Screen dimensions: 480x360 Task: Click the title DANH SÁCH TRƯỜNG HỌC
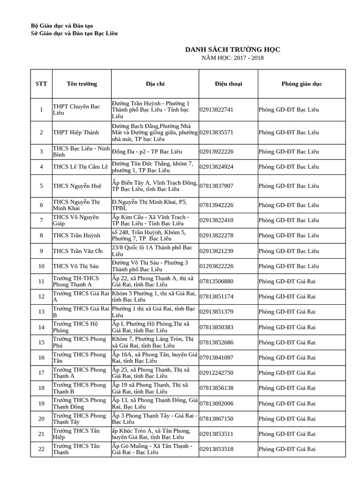(x=232, y=50)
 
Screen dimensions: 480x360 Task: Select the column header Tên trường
(x=82, y=84)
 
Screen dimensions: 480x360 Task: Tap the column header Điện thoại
(x=228, y=84)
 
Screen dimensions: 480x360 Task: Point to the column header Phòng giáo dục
(x=301, y=84)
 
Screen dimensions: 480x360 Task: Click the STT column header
(x=41, y=84)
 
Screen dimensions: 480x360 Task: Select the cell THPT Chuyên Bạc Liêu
(x=76, y=110)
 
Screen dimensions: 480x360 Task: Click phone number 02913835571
(x=216, y=133)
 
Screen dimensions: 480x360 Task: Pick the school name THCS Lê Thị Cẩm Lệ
(x=80, y=167)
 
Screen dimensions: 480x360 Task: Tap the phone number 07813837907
(x=216, y=186)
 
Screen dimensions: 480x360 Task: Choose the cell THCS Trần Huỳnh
(x=76, y=235)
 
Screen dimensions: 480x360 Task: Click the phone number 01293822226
(x=216, y=266)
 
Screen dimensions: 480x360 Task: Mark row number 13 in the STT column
(x=41, y=312)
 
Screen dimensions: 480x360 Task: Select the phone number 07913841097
(x=216, y=358)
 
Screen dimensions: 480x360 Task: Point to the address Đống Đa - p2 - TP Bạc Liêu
(x=147, y=151)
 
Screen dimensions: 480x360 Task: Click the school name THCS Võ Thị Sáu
(x=75, y=266)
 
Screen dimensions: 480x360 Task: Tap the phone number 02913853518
(x=216, y=449)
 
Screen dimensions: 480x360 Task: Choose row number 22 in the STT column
(x=41, y=449)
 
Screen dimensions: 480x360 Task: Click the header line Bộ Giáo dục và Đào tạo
(x=65, y=26)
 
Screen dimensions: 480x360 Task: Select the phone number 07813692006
(x=216, y=404)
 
